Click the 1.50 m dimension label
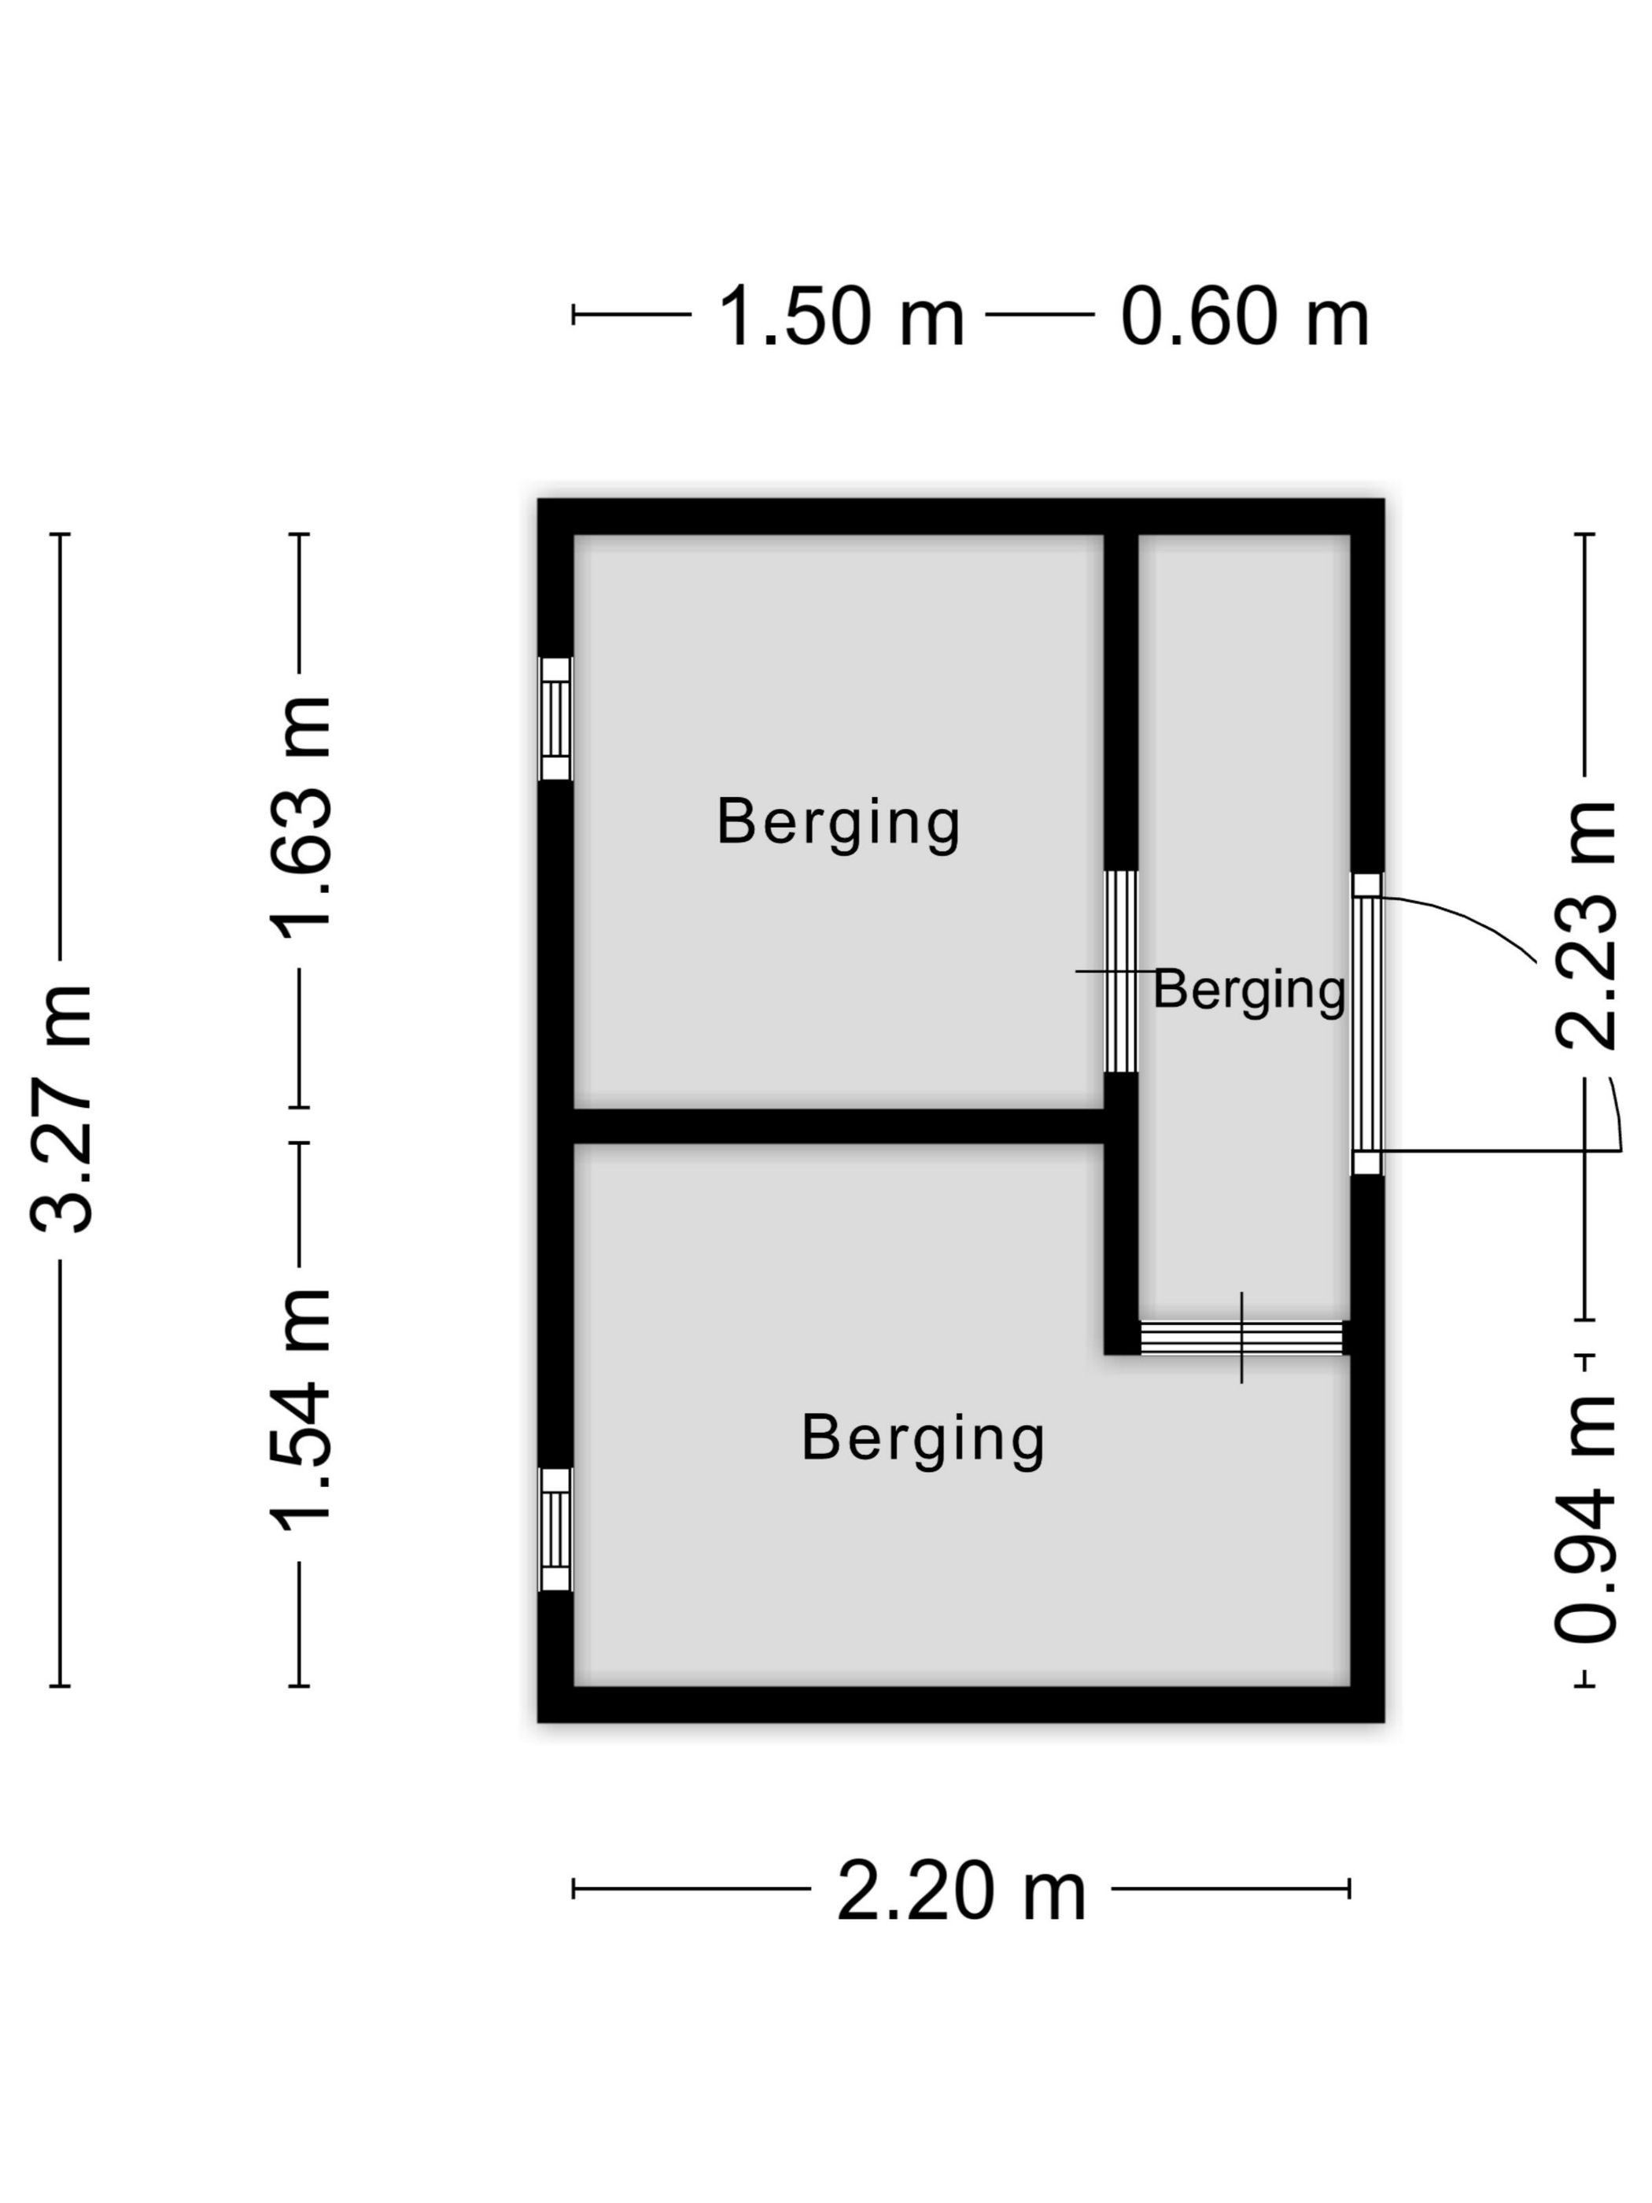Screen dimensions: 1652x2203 pyautogui.click(x=842, y=317)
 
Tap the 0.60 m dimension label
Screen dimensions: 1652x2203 pyautogui.click(x=1245, y=317)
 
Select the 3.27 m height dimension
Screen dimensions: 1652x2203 pyautogui.click(x=61, y=1108)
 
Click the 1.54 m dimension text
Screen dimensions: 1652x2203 pyautogui.click(x=301, y=1408)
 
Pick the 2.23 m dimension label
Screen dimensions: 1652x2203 pyautogui.click(x=1585, y=924)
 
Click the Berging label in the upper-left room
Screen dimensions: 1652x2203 pyautogui.click(x=839, y=824)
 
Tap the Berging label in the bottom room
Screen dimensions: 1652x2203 pyautogui.click(x=923, y=1439)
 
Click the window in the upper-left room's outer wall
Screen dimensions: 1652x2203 pyautogui.click(x=555, y=718)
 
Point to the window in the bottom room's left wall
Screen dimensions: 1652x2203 pyautogui.click(x=555, y=1529)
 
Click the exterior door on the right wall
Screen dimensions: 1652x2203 pyautogui.click(x=1367, y=1024)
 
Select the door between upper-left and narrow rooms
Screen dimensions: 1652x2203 pyautogui.click(x=1121, y=971)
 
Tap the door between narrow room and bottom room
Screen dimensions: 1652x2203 pyautogui.click(x=1241, y=1338)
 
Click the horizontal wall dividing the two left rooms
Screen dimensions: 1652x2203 pyautogui.click(x=839, y=1127)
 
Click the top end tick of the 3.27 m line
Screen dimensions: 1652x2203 pyautogui.click(x=60, y=535)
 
